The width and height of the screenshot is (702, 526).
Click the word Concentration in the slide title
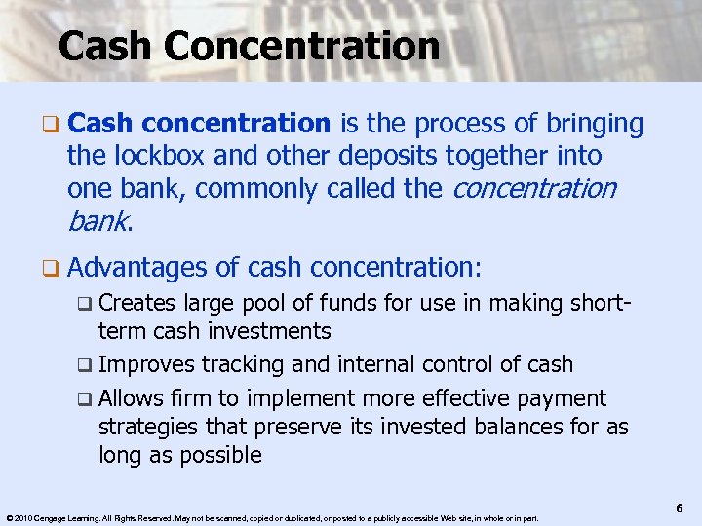click(304, 46)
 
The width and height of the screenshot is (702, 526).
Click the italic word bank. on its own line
click(98, 221)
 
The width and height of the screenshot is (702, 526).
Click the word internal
click(375, 364)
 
